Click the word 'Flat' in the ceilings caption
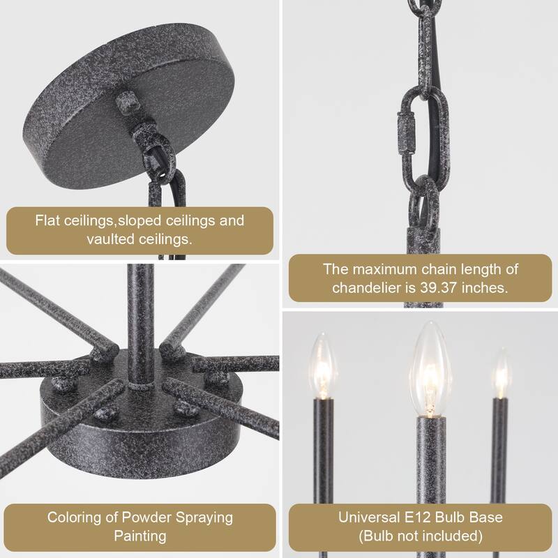click(47, 220)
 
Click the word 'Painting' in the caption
click(140, 536)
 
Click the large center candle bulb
click(430, 370)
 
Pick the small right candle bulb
click(502, 373)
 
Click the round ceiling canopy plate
click(128, 106)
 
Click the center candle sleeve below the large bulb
click(431, 459)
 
